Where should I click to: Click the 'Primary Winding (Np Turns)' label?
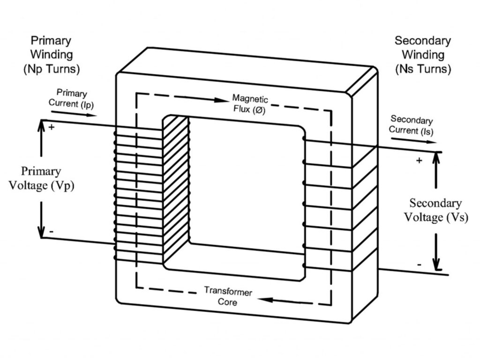tap(51, 54)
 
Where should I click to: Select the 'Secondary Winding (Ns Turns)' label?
tap(423, 55)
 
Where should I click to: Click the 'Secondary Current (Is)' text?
tap(411, 125)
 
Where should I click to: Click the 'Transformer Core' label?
tap(228, 297)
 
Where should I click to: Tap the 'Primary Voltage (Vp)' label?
tap(41, 178)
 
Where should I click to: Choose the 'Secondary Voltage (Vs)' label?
tap(435, 210)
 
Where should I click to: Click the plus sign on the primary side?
tap(51, 127)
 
